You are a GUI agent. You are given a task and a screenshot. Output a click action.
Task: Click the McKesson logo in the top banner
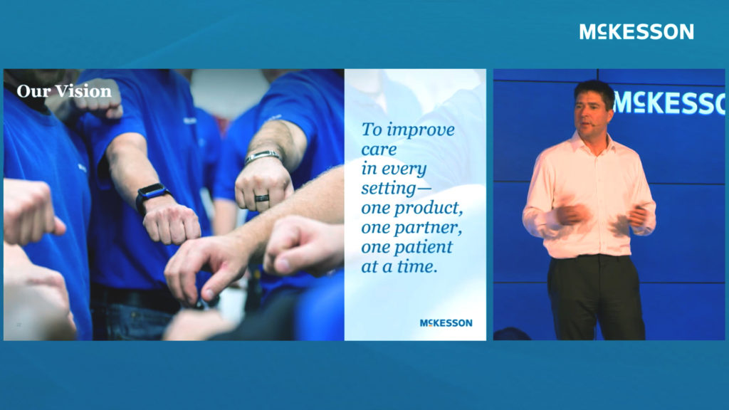[636, 31]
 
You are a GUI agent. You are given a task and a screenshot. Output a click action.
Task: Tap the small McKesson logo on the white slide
[446, 323]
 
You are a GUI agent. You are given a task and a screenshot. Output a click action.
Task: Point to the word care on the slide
[379, 149]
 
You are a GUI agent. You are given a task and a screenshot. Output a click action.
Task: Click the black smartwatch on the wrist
[152, 196]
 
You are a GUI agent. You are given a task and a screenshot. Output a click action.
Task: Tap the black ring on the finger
[261, 198]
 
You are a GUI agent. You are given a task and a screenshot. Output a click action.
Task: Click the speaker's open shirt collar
[593, 144]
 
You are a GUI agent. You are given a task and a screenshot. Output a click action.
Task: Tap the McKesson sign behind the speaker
[668, 102]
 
